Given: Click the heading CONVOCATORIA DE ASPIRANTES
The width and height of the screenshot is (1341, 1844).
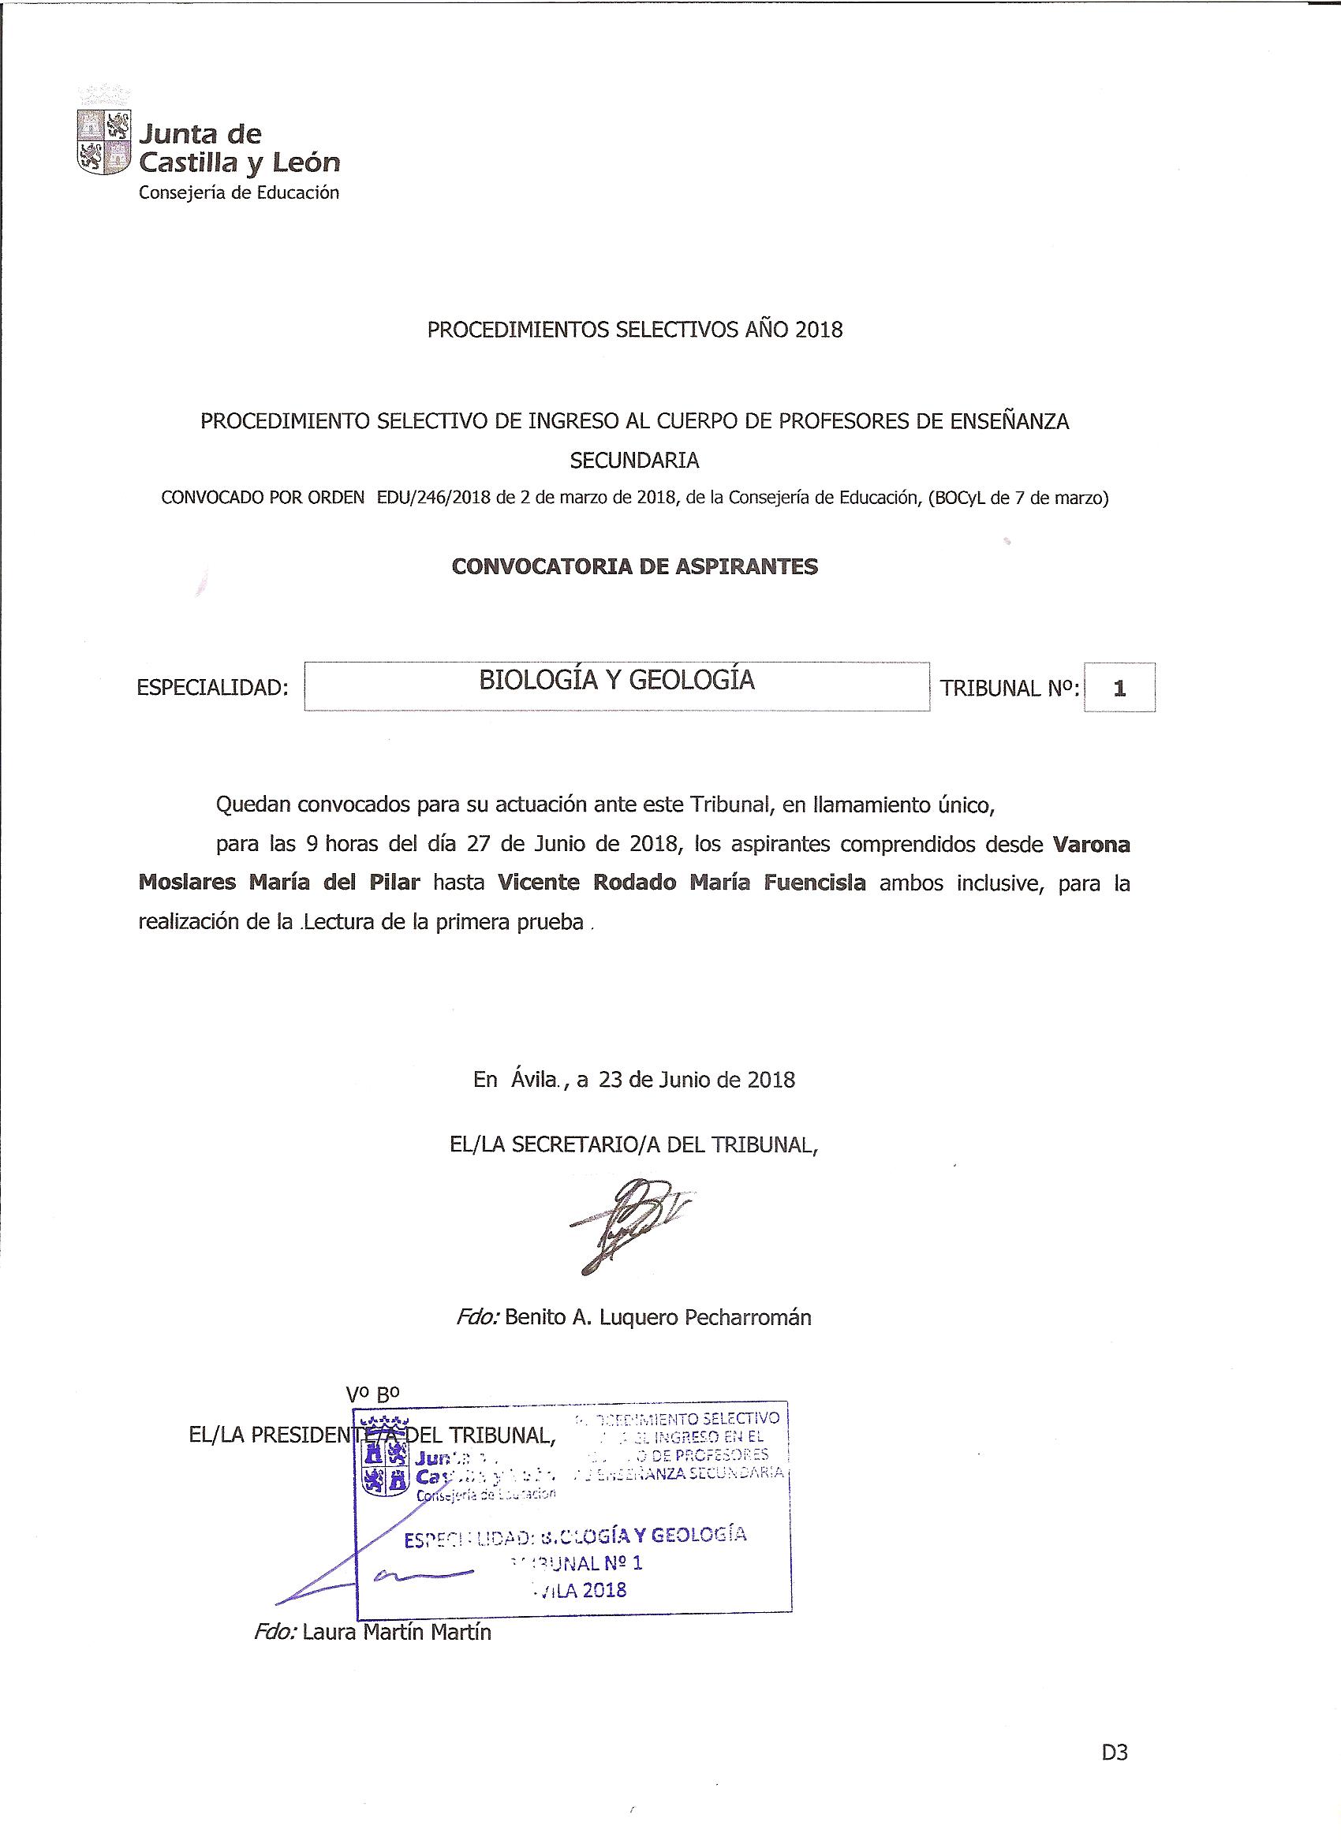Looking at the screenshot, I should coord(634,567).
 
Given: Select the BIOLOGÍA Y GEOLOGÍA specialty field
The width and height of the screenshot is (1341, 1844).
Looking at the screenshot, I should coord(616,687).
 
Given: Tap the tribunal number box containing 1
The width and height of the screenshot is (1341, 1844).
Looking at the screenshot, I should coord(1119,688).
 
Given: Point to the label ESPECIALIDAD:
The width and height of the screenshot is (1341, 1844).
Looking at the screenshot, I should coord(213,688).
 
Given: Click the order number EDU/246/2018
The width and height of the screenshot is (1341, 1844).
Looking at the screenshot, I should coord(433,498).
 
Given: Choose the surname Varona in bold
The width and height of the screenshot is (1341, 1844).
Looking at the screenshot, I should coord(1092,845).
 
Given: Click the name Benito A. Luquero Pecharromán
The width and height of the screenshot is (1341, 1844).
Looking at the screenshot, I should coord(658,1317).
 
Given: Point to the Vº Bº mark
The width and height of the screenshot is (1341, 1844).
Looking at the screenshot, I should coord(372,1394).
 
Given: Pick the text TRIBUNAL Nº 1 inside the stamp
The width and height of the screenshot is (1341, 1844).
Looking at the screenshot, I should coord(576,1562).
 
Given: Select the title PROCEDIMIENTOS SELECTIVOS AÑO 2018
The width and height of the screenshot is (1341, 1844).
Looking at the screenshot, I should coord(635,330).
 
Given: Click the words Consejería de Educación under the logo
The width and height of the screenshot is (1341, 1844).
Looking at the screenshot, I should coord(238,192).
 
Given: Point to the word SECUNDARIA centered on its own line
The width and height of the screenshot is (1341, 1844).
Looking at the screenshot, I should coord(634,460).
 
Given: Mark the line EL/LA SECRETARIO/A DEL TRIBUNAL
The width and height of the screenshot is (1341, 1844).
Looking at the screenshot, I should coord(633,1144).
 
